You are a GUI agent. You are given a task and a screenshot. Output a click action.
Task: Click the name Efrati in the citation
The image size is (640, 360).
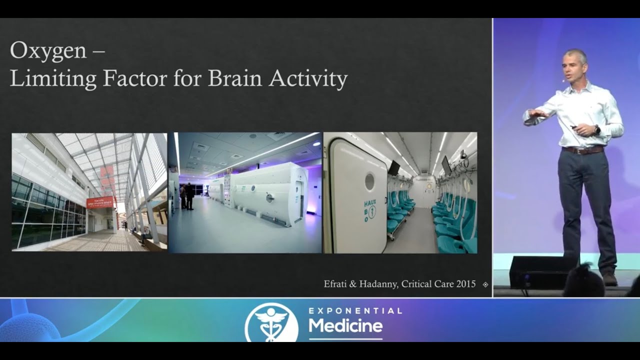[x=337, y=284]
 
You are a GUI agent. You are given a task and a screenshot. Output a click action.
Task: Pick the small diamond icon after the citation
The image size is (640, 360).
[x=485, y=284]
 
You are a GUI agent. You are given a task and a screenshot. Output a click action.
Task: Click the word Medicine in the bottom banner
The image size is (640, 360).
[x=345, y=326]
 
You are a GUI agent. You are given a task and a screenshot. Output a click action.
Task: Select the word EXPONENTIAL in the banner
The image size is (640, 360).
[x=355, y=311]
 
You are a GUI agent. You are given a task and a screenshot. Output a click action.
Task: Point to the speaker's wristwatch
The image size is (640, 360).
[x=597, y=130]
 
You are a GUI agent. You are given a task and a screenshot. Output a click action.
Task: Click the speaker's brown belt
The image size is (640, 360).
[x=583, y=150]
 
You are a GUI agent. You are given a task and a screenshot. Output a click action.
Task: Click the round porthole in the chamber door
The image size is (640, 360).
[x=369, y=181]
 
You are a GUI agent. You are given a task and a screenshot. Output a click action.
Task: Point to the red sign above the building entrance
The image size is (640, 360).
[x=99, y=202]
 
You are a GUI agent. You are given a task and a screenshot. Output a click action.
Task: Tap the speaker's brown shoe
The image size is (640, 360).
[x=609, y=278]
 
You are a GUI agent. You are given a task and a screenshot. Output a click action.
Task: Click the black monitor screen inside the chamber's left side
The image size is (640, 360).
[x=394, y=168]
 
